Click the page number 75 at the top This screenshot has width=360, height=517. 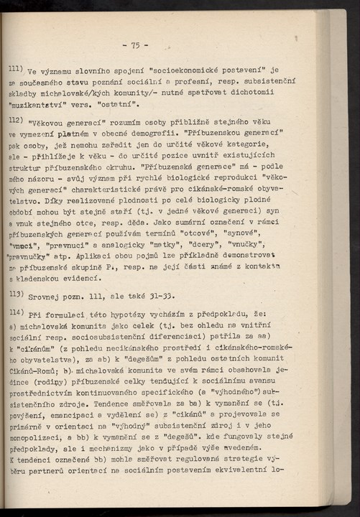point(135,45)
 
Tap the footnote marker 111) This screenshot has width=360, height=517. point(15,69)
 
